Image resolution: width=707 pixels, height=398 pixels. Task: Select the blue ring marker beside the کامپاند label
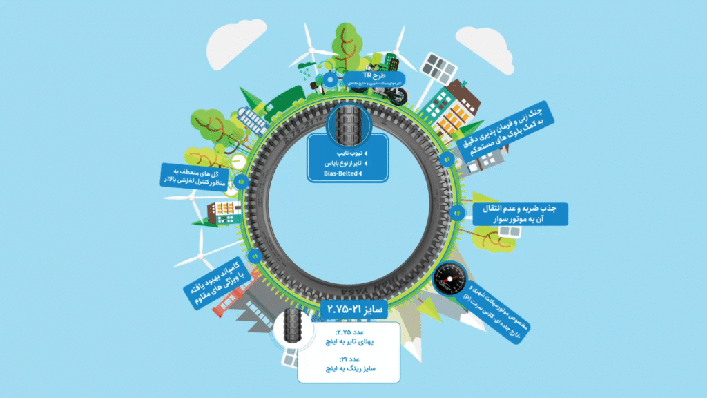(255, 257)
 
